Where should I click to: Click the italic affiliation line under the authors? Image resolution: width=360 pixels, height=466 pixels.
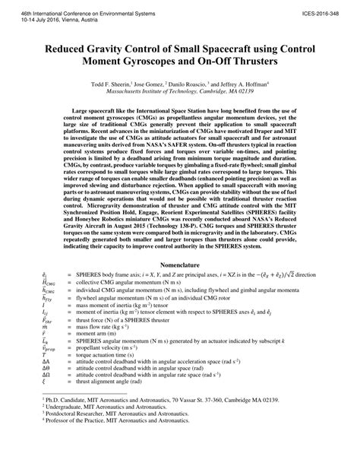tap(180, 90)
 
